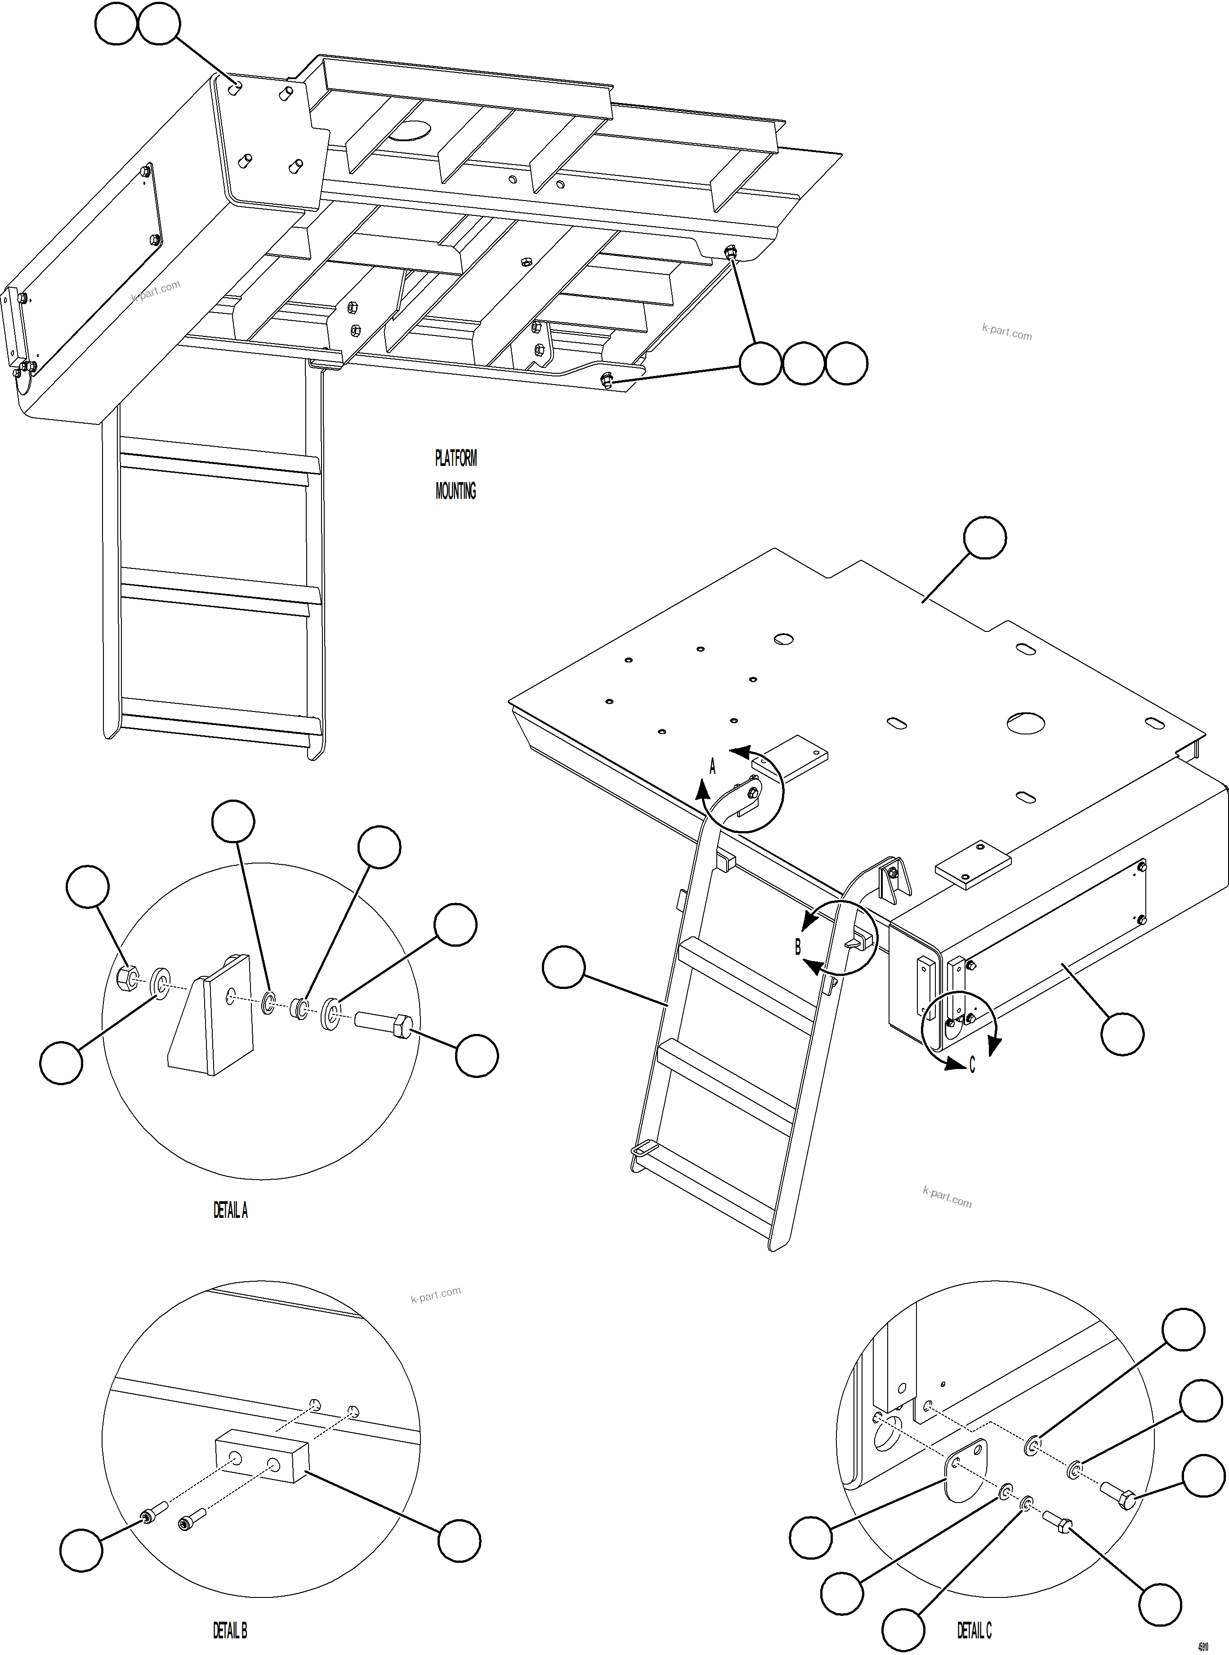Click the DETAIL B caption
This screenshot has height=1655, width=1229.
click(x=229, y=1630)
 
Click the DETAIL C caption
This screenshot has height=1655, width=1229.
click(x=974, y=1630)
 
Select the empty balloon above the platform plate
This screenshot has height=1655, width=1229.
click(x=985, y=538)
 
